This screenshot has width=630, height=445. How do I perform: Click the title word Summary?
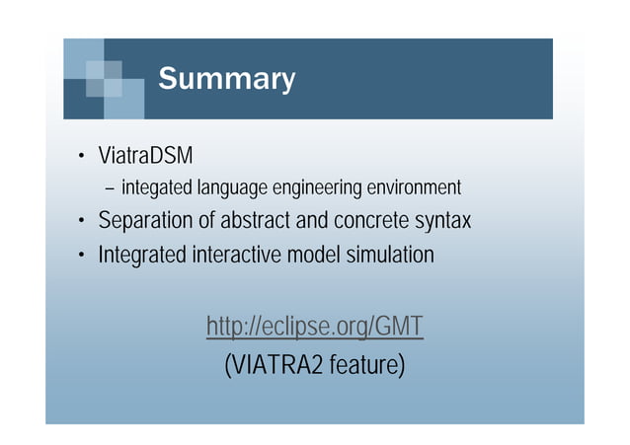(226, 79)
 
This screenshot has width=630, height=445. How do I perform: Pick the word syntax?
(442, 222)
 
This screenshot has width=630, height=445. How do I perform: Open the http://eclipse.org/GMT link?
(315, 326)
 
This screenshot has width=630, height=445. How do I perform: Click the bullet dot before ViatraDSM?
(83, 158)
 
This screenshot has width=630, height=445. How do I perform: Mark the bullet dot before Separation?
(83, 222)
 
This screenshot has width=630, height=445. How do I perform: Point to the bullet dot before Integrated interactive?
(83, 256)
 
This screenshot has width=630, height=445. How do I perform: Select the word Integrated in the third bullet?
(141, 255)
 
